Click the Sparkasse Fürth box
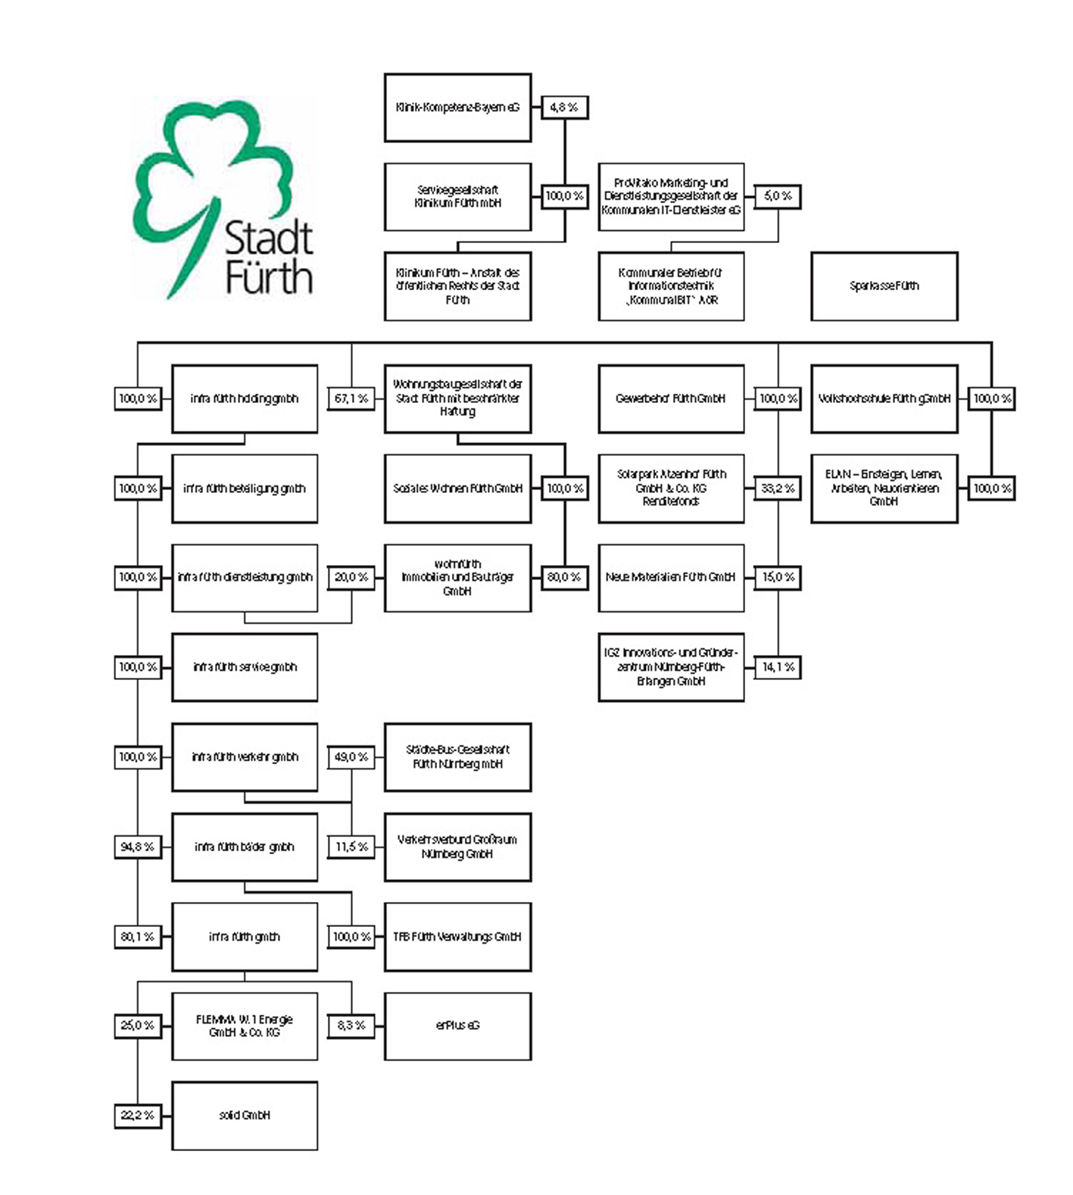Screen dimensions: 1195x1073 click(884, 286)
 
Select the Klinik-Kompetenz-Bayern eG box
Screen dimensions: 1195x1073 click(457, 108)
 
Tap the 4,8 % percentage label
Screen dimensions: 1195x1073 click(564, 108)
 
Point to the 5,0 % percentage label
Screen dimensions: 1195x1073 click(778, 196)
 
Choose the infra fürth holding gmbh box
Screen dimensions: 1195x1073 click(244, 398)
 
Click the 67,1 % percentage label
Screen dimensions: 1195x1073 click(351, 398)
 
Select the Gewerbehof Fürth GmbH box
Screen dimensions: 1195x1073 click(671, 398)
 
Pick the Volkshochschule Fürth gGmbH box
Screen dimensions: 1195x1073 click(884, 398)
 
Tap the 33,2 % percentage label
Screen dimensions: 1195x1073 click(778, 488)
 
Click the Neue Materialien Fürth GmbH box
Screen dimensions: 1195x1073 click(671, 577)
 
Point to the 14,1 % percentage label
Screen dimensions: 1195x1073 click(778, 667)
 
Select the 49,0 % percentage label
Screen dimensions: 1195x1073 click(351, 757)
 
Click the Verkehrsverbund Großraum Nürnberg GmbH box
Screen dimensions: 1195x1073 click(457, 847)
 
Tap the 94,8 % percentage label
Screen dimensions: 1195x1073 click(138, 847)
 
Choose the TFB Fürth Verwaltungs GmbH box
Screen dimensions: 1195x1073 click(457, 937)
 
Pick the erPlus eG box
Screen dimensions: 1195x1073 click(457, 1025)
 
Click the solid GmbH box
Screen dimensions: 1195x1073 click(244, 1115)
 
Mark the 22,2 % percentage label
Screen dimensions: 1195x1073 click(138, 1115)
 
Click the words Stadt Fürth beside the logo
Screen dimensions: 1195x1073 click(270, 257)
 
